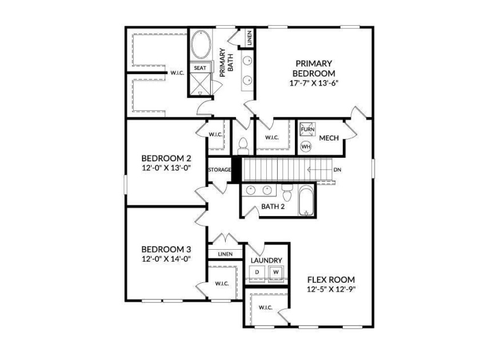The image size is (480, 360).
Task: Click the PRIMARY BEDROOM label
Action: (314, 68)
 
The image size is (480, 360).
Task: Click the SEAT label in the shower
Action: (199, 68)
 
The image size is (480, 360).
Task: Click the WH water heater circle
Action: (306, 145)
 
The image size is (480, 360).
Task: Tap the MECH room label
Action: (329, 138)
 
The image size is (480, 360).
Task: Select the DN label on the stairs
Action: (337, 170)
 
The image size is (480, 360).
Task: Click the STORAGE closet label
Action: (219, 170)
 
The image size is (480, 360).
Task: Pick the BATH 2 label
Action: (273, 206)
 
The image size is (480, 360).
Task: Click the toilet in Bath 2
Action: (287, 194)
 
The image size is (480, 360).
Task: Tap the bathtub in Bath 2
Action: (307, 200)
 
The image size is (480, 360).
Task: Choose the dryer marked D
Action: (257, 272)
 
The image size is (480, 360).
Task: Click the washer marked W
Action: (275, 272)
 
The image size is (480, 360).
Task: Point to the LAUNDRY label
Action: (266, 260)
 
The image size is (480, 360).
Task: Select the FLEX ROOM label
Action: (331, 279)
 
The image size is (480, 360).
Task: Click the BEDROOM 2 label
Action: (166, 158)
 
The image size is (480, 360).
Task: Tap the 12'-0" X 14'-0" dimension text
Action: (166, 258)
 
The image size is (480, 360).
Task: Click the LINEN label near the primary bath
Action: (250, 39)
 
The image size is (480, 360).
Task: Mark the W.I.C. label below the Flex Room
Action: (265, 308)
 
